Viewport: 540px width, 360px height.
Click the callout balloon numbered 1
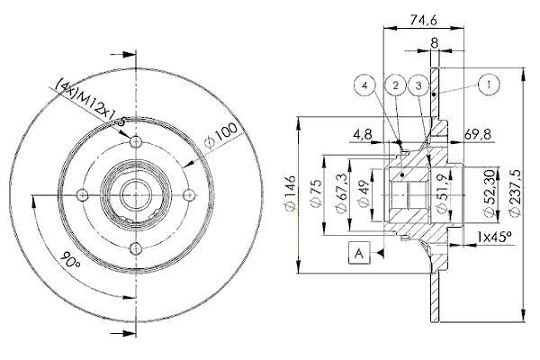pos(489,85)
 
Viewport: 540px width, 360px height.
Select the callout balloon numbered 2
pos(395,85)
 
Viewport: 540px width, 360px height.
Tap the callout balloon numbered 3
pos(418,85)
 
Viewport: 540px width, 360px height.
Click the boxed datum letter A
pos(359,253)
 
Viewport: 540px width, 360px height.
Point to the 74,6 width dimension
pos(423,20)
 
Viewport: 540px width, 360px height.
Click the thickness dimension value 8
pos(435,43)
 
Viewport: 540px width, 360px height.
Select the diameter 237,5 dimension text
pos(515,193)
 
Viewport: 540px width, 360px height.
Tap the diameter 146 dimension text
pos(290,193)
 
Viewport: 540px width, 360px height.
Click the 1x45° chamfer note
pos(494,237)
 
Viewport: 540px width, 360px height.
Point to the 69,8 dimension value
pos(478,134)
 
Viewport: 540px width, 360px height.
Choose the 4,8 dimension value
pos(363,134)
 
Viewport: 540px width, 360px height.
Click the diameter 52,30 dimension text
pos(490,193)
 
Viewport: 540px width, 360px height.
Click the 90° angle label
pos(70,260)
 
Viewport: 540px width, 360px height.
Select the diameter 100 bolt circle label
pos(220,135)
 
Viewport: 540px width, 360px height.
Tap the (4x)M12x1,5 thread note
pos(91,103)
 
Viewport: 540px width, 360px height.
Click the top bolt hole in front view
pos(137,141)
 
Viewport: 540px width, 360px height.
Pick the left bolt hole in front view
pos(82,195)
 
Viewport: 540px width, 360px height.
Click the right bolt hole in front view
pos(189,195)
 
